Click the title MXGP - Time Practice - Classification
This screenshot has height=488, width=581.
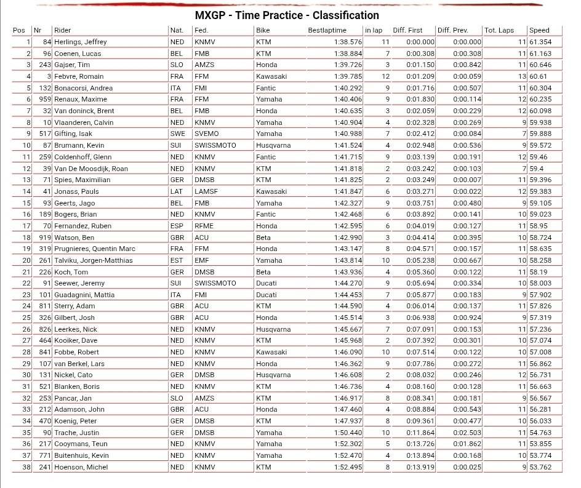point(287,15)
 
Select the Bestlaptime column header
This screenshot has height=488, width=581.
point(327,30)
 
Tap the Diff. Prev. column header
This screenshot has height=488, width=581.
point(453,30)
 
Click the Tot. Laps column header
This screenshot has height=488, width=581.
point(499,30)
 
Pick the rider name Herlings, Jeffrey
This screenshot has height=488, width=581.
point(81,42)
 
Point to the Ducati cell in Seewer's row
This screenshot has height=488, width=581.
point(266,283)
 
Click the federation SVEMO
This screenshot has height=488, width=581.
point(206,134)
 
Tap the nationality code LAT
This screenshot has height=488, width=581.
point(177,191)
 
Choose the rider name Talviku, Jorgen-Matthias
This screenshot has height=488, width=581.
point(94,260)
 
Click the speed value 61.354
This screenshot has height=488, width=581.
point(540,42)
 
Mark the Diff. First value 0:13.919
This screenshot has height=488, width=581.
point(420,467)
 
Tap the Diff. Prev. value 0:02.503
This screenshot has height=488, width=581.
point(467,433)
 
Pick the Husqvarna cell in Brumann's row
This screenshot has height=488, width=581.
point(273,145)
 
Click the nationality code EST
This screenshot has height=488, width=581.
point(176,260)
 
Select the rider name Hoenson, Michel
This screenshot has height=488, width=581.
point(81,467)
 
